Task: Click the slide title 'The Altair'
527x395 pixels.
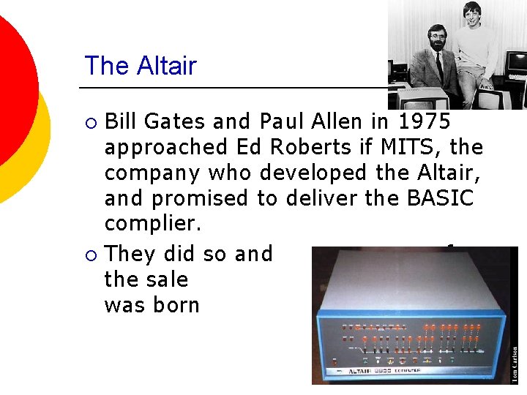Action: coord(141,66)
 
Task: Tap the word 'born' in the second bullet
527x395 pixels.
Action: coord(176,305)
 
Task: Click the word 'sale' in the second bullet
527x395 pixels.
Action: coord(169,279)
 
